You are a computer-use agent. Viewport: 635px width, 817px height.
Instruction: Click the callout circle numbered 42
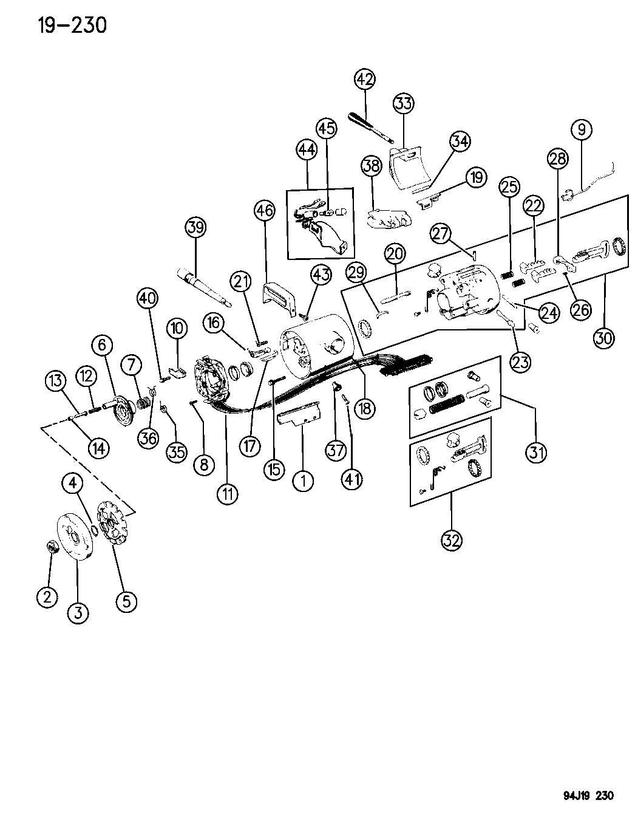[x=365, y=80]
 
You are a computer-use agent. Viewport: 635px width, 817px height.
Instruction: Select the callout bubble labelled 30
[x=603, y=338]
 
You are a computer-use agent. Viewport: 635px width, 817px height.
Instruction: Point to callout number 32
[x=452, y=539]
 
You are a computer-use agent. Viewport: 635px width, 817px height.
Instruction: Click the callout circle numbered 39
[x=195, y=228]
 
